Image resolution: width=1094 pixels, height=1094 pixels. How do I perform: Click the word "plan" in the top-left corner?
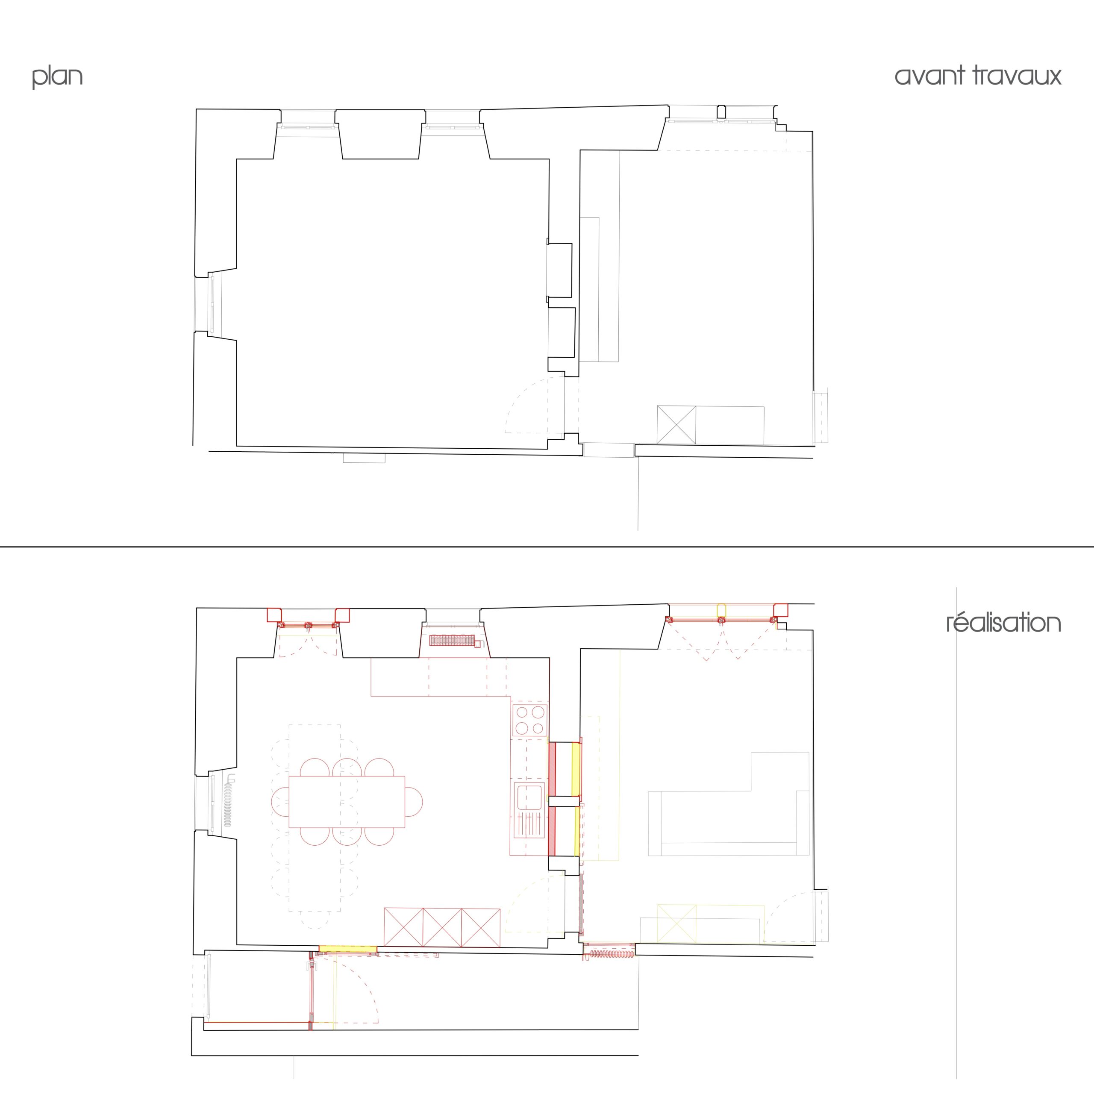[x=57, y=76]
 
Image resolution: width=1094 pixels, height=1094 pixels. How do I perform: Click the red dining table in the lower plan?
[x=347, y=802]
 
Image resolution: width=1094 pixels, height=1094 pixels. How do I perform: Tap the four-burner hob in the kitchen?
[x=530, y=720]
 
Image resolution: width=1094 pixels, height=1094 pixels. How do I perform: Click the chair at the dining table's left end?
[x=280, y=802]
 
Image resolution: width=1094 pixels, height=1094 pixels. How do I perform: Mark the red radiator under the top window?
[x=451, y=641]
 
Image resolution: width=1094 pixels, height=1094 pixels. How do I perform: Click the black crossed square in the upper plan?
[x=676, y=425]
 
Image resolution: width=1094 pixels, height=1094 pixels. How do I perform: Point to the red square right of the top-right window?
[x=781, y=610]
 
